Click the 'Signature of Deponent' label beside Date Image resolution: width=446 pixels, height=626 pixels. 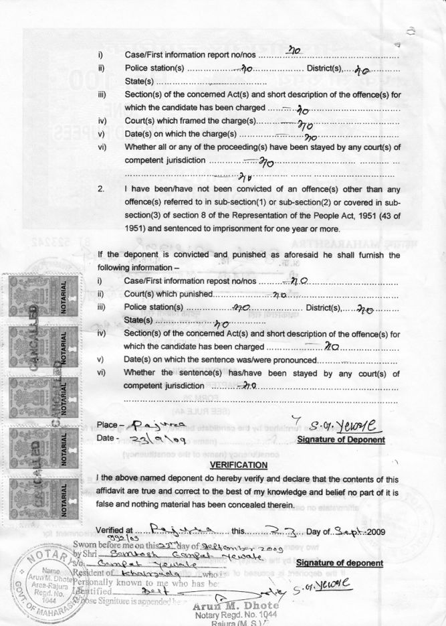(x=341, y=440)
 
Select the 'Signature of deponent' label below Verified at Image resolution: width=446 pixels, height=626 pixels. (x=340, y=563)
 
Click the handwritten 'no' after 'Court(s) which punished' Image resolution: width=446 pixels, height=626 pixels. (x=280, y=295)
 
